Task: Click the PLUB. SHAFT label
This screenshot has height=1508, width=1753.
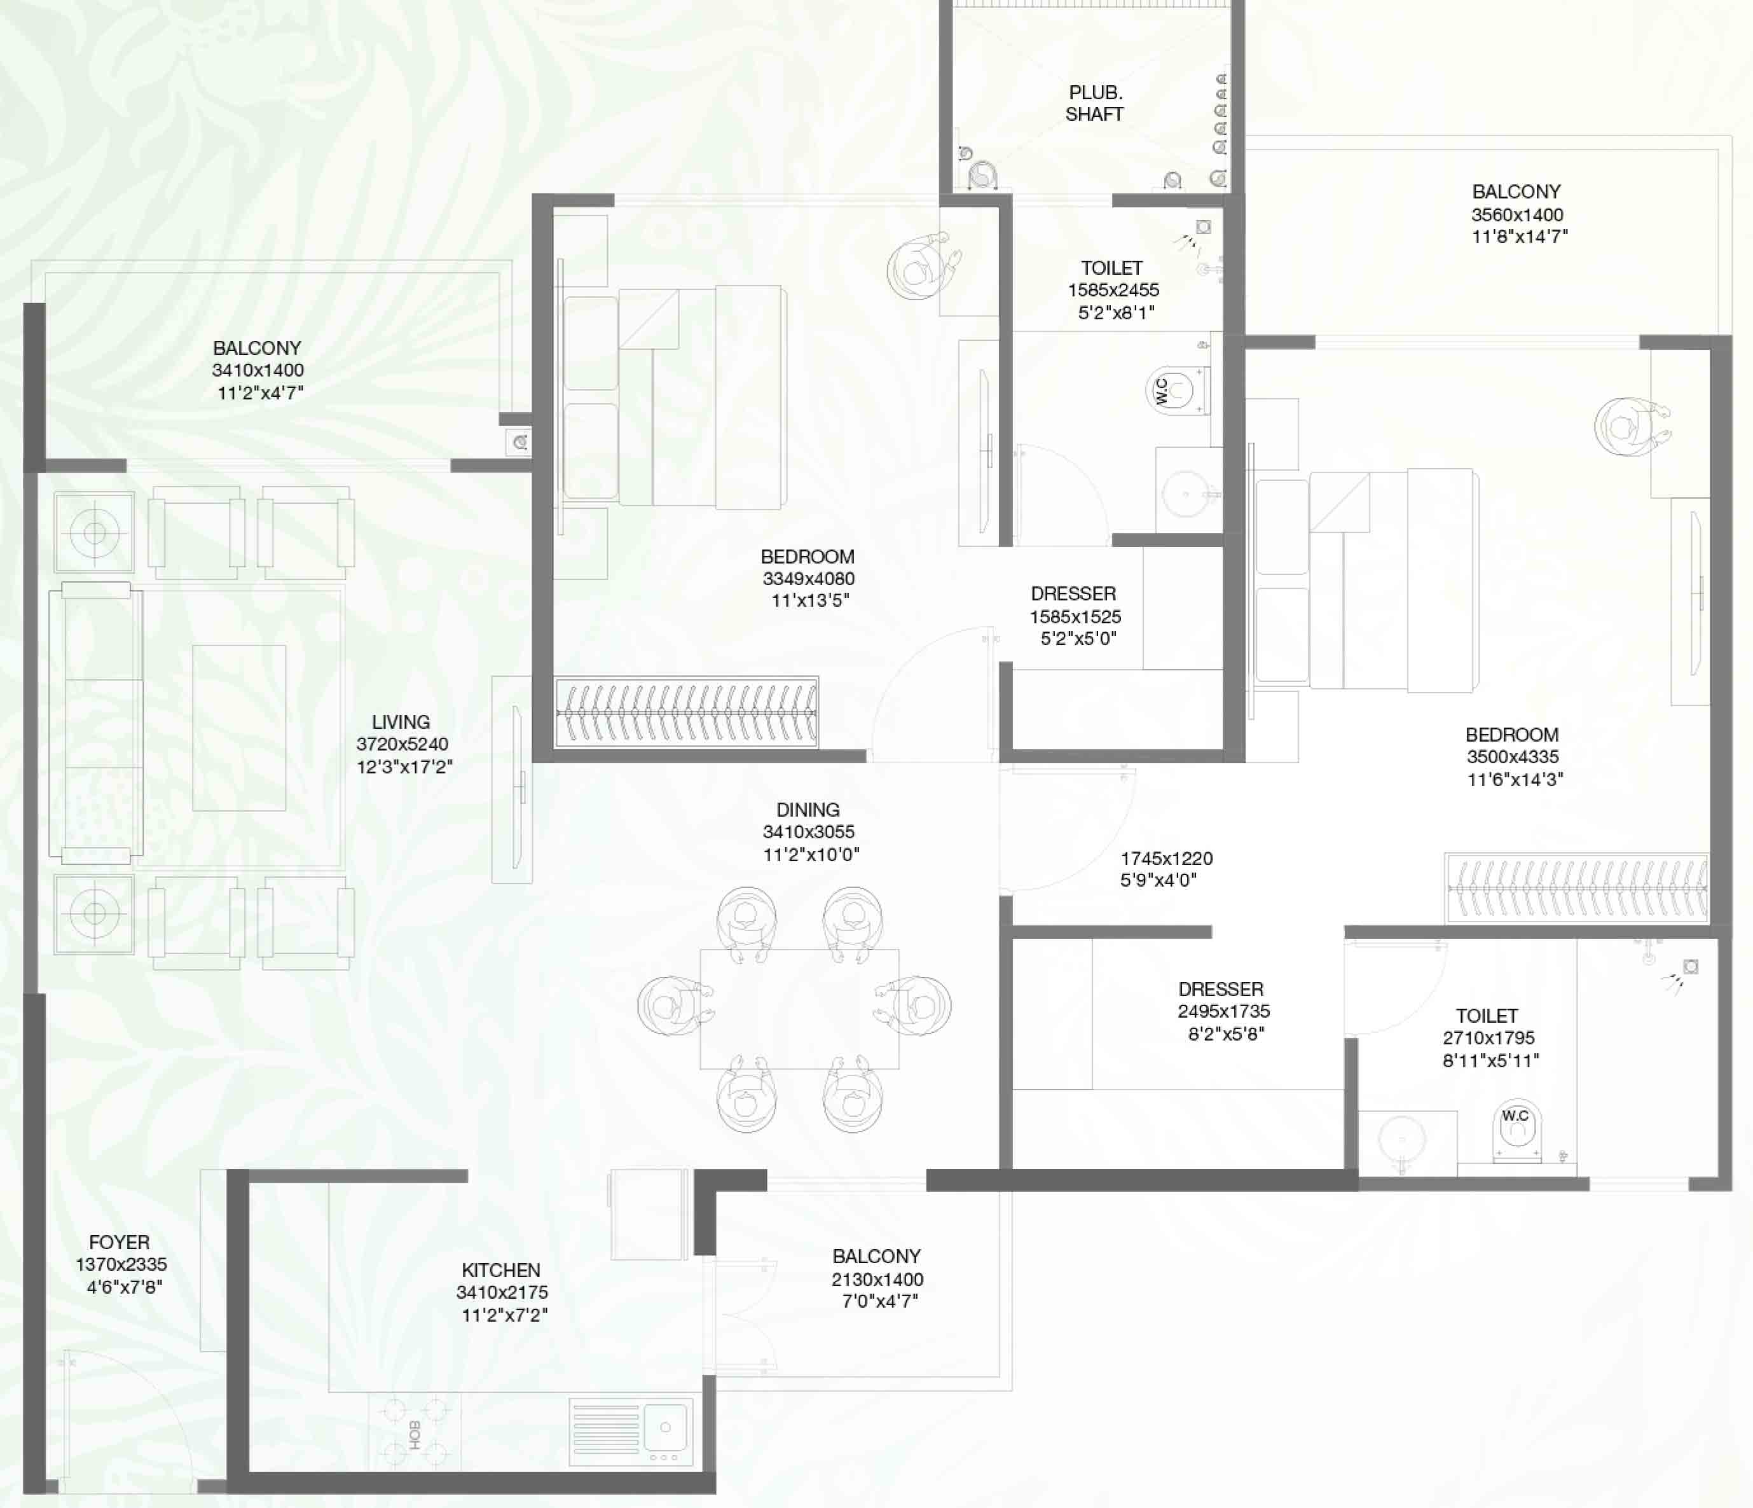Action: click(x=1095, y=103)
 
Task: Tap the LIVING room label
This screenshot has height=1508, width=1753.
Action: click(x=401, y=722)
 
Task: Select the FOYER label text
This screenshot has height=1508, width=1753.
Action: click(x=120, y=1242)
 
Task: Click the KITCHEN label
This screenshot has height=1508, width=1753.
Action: click(x=501, y=1270)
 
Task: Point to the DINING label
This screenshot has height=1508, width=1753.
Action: click(x=808, y=810)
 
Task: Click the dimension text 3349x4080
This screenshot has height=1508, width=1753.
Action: click(x=809, y=579)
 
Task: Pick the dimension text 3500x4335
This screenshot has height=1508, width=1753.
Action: click(x=1513, y=756)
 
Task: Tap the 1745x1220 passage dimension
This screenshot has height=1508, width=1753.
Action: click(x=1167, y=858)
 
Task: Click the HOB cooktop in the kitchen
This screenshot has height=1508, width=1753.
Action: click(x=415, y=1434)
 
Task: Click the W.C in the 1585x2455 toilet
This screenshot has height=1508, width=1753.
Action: click(x=1176, y=391)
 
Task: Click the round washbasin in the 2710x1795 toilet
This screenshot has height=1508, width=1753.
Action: click(x=1402, y=1138)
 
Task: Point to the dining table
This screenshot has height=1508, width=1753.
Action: click(x=799, y=1009)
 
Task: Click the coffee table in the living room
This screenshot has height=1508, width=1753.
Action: click(x=238, y=728)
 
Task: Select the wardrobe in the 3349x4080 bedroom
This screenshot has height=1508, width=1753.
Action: click(x=686, y=712)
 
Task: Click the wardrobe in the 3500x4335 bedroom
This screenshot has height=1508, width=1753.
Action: click(x=1577, y=888)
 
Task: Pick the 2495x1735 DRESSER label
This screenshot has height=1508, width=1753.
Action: click(x=1221, y=988)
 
